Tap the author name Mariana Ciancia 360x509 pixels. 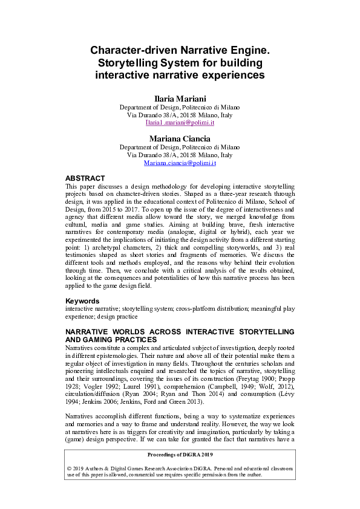pyautogui.click(x=180, y=138)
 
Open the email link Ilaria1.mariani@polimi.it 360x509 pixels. pyautogui.click(x=180, y=122)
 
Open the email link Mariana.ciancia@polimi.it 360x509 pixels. pyautogui.click(x=180, y=163)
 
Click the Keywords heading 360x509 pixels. pyautogui.click(x=82, y=300)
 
